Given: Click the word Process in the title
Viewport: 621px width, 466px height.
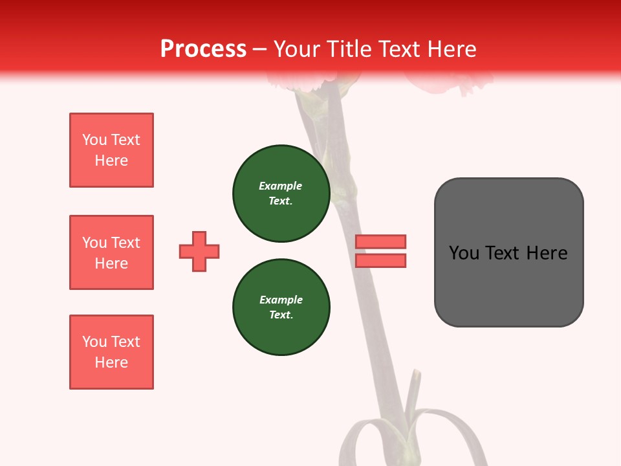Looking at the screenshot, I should (x=203, y=49).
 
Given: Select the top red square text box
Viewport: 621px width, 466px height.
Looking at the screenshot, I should (x=111, y=150).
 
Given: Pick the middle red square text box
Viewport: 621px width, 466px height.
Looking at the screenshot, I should (x=111, y=252).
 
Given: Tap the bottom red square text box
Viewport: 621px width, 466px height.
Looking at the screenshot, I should (x=111, y=352).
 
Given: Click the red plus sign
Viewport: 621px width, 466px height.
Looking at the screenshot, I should (x=199, y=251).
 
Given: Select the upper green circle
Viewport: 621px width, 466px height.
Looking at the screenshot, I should (x=281, y=194).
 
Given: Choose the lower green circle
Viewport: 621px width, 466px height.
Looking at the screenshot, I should (x=281, y=307).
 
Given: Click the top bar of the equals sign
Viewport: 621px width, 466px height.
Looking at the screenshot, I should (x=380, y=241).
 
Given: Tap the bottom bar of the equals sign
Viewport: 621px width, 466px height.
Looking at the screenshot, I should (x=380, y=260).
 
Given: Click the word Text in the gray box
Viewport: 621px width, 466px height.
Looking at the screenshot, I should (x=504, y=253).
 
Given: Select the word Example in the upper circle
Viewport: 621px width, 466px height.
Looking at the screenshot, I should (x=280, y=186).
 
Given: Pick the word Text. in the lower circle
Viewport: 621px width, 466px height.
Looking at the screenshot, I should (x=281, y=315).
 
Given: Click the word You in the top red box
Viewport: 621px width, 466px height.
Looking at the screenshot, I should (x=94, y=140).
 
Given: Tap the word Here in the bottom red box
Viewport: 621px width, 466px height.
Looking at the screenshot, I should (x=111, y=362).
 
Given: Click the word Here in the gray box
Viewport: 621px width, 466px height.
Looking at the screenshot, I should (x=547, y=253).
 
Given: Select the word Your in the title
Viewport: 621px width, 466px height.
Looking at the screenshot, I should (x=298, y=49).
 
